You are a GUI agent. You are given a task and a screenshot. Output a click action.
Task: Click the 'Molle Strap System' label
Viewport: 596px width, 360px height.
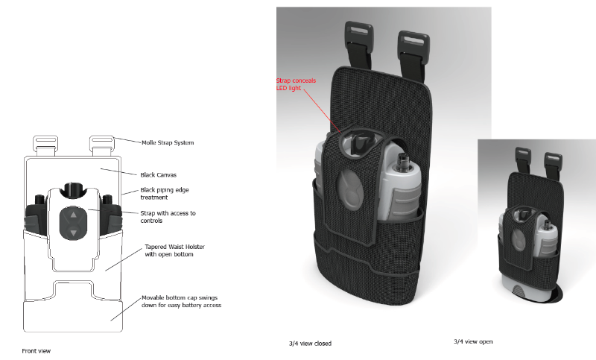168,142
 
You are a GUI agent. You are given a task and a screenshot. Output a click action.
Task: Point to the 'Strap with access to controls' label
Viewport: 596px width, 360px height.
168,217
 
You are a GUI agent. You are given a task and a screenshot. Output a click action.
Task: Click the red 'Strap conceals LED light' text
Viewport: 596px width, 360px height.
296,84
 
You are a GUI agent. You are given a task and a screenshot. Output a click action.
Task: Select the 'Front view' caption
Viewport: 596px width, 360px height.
37,350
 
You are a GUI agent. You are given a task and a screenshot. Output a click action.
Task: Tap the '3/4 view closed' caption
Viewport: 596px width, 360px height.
310,344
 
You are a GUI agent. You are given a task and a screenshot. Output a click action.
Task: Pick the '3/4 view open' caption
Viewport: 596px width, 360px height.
473,341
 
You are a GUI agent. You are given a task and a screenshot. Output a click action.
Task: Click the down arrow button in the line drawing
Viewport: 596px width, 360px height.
73,233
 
